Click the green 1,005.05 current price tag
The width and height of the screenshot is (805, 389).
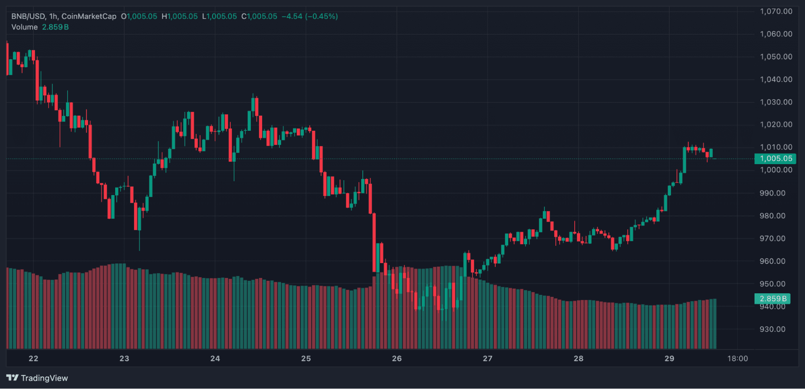point(775,158)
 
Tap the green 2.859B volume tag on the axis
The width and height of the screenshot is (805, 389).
point(772,298)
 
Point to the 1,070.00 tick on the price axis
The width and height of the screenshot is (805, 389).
point(776,11)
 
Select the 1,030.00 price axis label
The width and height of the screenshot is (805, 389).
point(776,102)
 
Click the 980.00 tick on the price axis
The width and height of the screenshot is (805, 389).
point(772,216)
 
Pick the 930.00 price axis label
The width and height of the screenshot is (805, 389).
point(772,329)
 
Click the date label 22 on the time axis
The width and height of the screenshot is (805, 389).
point(33,358)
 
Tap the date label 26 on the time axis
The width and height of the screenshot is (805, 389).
point(397,358)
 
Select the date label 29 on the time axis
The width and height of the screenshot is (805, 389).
point(669,358)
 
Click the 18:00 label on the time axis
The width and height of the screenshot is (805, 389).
point(737,358)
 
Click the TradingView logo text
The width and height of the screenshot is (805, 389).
point(44,378)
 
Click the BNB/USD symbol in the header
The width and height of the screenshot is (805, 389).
point(28,16)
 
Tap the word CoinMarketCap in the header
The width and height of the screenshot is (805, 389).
point(89,16)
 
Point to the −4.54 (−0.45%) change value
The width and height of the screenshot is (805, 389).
point(310,16)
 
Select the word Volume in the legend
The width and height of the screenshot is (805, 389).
point(25,27)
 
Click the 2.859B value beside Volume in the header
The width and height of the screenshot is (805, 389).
point(55,27)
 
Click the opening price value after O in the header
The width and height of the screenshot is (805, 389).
point(142,16)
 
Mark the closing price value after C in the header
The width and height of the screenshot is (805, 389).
point(262,16)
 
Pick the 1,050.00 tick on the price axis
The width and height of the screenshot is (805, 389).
point(776,57)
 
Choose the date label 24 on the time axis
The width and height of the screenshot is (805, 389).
point(215,358)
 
